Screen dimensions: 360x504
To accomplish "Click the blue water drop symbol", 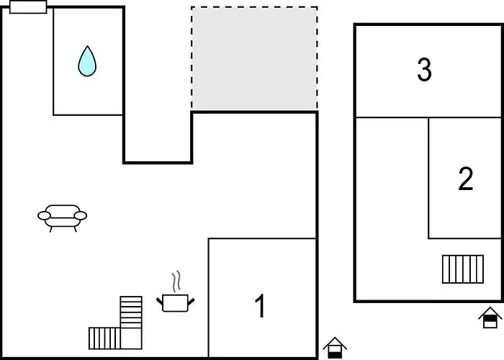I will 87,62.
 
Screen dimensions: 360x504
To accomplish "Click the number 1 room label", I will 261,307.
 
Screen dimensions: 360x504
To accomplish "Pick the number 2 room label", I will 466,179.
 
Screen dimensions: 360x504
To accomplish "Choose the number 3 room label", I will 424,71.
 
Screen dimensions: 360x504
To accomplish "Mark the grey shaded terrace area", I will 254,59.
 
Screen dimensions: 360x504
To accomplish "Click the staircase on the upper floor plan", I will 462,269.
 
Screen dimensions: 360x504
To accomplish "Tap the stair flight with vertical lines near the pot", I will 104,338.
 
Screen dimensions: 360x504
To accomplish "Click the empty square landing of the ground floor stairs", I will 131,338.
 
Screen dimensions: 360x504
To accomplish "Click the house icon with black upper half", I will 489,318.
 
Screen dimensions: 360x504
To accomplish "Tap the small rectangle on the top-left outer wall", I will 29,7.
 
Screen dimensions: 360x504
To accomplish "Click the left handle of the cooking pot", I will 160,299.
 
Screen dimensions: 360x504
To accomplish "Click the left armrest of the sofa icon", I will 43,215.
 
